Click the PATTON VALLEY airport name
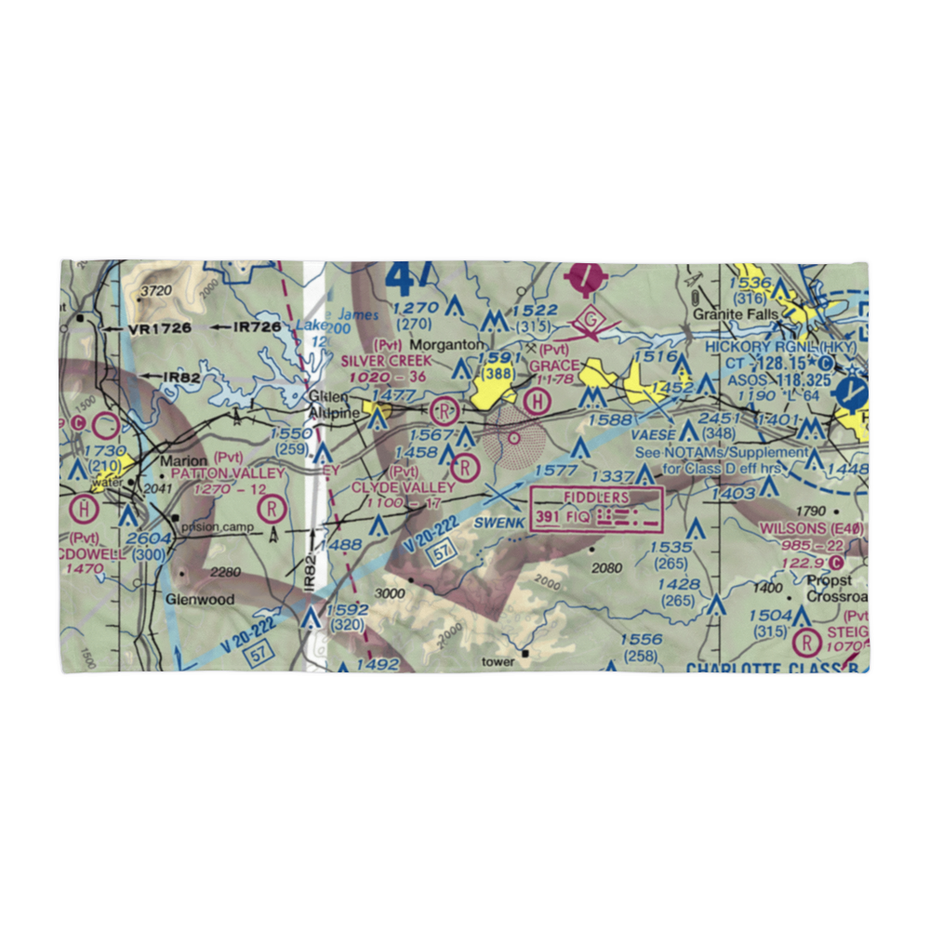click(x=228, y=473)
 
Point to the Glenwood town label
click(x=200, y=600)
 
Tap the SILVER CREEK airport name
click(x=386, y=360)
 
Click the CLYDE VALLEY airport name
click(x=403, y=487)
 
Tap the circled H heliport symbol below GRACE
click(x=537, y=402)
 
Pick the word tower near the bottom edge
click(x=498, y=662)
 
